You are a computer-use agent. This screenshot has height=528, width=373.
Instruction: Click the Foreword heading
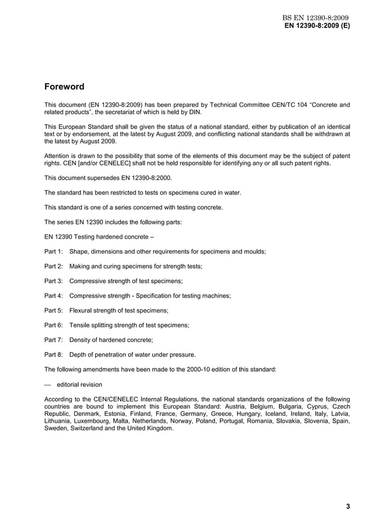(x=64, y=87)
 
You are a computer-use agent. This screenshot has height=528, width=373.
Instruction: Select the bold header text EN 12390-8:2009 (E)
(x=317, y=26)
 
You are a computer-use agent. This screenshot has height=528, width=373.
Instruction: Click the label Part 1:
(x=54, y=251)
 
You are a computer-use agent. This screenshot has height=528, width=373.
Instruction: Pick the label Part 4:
(x=54, y=296)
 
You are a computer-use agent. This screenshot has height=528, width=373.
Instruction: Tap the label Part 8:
(x=54, y=354)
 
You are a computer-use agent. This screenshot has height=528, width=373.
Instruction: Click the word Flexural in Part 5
(x=82, y=310)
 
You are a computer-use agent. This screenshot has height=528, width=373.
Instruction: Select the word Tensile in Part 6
(x=81, y=325)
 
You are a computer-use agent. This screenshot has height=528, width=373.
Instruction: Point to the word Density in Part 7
(x=81, y=340)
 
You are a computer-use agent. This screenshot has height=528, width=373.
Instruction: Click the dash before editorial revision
(x=48, y=384)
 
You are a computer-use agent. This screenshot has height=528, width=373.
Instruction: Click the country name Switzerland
(x=88, y=429)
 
